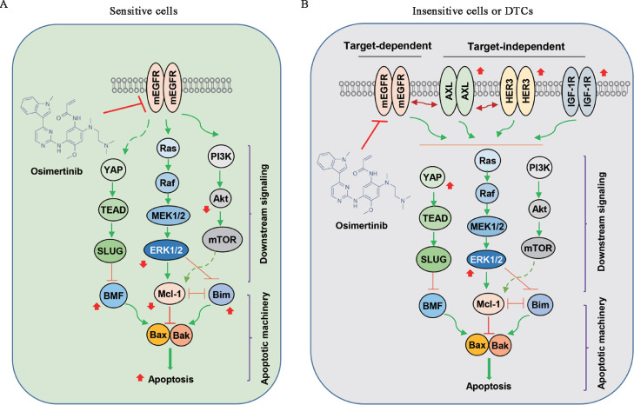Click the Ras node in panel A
pos(168,148)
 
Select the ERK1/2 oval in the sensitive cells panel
pos(166,250)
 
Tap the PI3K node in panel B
pos(539,167)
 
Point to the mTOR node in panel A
pos(222,240)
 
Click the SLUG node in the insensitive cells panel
pos(433,259)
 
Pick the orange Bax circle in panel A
pos(158,335)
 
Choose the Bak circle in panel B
pos(500,346)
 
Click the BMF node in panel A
pos(113,295)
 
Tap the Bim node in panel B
pos(540,304)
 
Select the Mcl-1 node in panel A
pos(170,294)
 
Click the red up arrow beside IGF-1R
pos(604,73)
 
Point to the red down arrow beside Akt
pos(206,209)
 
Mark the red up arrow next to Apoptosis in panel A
pos(140,378)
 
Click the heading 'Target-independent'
pos(516,47)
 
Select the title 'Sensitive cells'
pos(143,10)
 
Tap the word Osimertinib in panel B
pos(361,226)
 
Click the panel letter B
pos(304,5)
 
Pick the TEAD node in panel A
pos(113,209)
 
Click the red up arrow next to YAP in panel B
pos(450,186)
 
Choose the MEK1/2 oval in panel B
pos(487,227)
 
